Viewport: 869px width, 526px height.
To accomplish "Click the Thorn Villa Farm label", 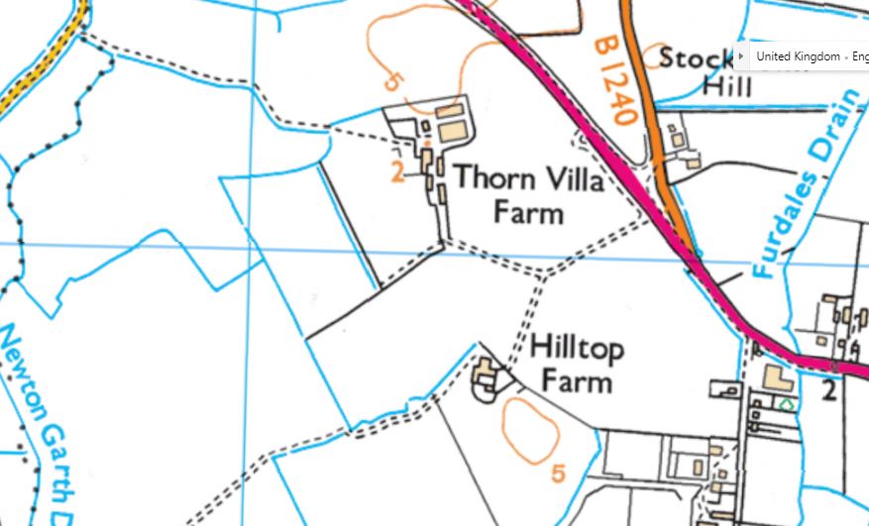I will point(528,194).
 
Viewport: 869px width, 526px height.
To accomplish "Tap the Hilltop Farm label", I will point(577,364).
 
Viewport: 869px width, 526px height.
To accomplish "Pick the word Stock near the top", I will point(696,57).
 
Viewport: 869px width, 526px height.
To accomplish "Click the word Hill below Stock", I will point(727,86).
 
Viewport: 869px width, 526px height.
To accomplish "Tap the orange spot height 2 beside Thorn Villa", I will point(398,173).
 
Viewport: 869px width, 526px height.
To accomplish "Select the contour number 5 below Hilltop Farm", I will point(559,473).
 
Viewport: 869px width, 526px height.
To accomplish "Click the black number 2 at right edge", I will point(829,389).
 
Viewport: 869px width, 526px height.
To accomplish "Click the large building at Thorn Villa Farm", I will point(451,131).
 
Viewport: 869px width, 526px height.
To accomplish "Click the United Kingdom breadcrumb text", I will point(798,56).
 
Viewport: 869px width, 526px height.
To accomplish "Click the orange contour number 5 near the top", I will point(392,80).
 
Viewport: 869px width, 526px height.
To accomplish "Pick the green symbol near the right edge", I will point(787,404).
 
